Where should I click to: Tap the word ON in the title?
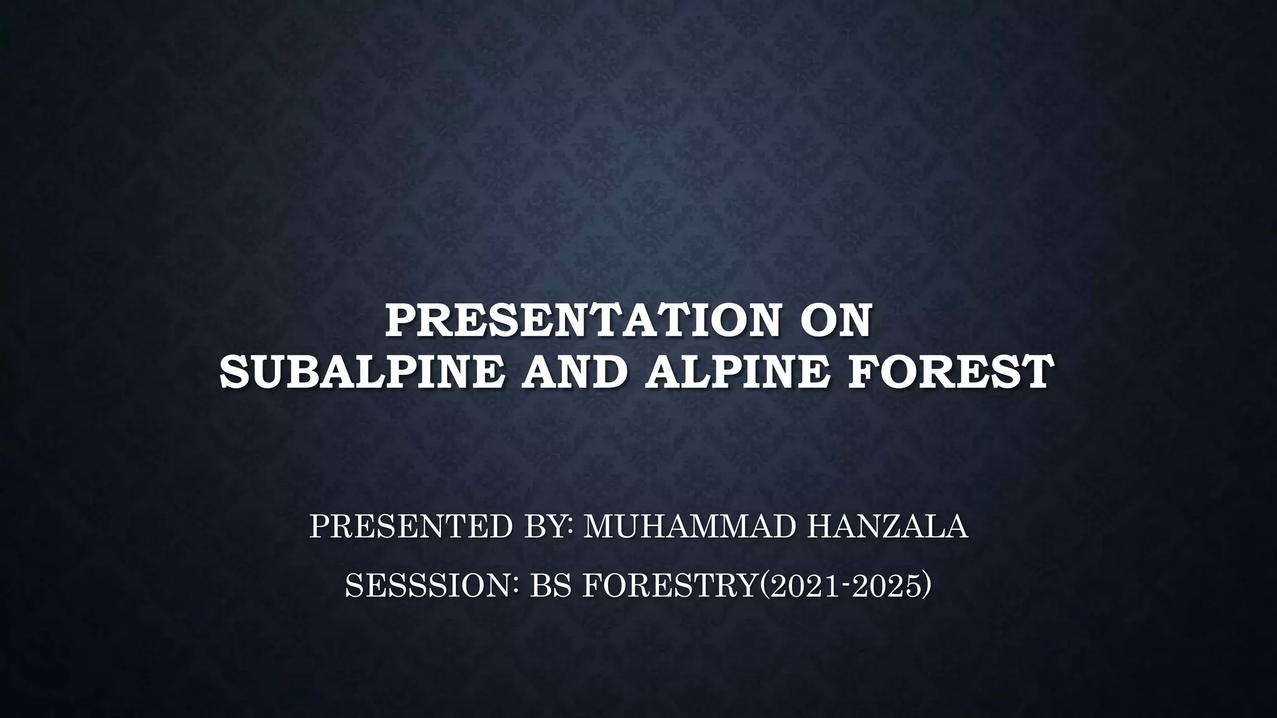[834, 322]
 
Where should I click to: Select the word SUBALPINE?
[360, 373]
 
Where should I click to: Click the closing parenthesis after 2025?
[927, 586]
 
